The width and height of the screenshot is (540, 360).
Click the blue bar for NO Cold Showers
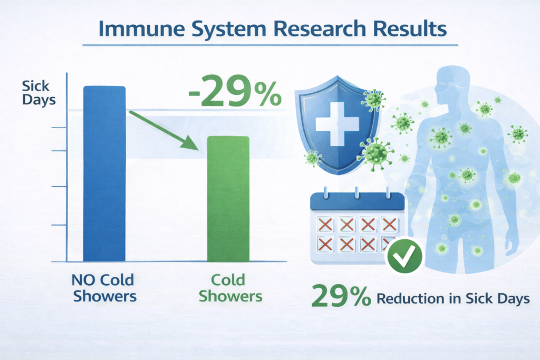(x=104, y=173)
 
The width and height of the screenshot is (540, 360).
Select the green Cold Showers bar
(x=228, y=199)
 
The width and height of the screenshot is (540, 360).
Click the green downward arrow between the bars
(x=164, y=130)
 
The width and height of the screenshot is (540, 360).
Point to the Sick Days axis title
(x=38, y=93)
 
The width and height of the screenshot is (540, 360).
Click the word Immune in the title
(x=141, y=28)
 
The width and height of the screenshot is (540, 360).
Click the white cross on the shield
(x=337, y=123)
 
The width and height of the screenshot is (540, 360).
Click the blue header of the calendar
(x=358, y=202)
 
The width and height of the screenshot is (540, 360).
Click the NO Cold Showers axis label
(x=104, y=288)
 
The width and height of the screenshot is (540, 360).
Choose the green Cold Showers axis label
(x=230, y=288)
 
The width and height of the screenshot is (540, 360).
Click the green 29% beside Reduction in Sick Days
(x=341, y=296)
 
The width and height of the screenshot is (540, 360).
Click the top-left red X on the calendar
(x=325, y=225)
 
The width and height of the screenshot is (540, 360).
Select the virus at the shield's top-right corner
(x=373, y=100)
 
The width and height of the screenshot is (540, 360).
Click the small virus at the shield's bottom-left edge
(x=312, y=158)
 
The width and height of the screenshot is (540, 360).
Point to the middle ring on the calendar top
(x=357, y=193)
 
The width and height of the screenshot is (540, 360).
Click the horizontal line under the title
(x=271, y=45)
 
